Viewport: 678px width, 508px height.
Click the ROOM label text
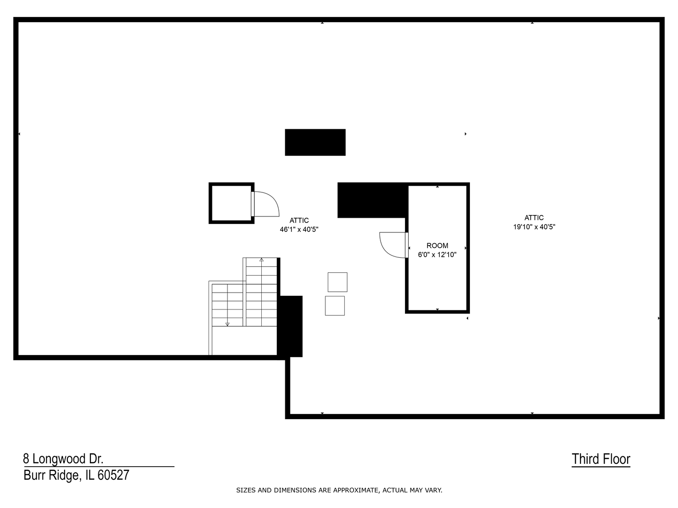437,246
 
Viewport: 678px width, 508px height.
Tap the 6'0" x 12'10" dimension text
437,255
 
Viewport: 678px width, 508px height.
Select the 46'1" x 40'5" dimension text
299,230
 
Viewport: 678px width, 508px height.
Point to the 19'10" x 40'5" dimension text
534,227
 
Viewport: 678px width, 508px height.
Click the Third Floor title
601,459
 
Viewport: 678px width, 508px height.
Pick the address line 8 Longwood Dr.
63,459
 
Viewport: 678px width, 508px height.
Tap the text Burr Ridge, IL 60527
76,475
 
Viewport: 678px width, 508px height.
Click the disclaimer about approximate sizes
339,490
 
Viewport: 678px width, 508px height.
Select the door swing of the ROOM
392,245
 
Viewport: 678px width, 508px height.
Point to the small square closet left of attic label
231,203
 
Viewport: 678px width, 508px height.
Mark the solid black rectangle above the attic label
315,142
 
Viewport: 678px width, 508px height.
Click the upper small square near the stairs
337,282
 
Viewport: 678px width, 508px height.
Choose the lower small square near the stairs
335,305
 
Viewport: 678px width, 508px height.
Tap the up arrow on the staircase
261,260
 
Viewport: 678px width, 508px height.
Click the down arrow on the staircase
227,324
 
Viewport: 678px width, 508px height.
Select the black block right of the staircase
290,325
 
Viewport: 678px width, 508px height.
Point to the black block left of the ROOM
372,200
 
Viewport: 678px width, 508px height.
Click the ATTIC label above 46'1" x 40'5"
299,220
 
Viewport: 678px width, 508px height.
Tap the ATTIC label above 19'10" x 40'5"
534,217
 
